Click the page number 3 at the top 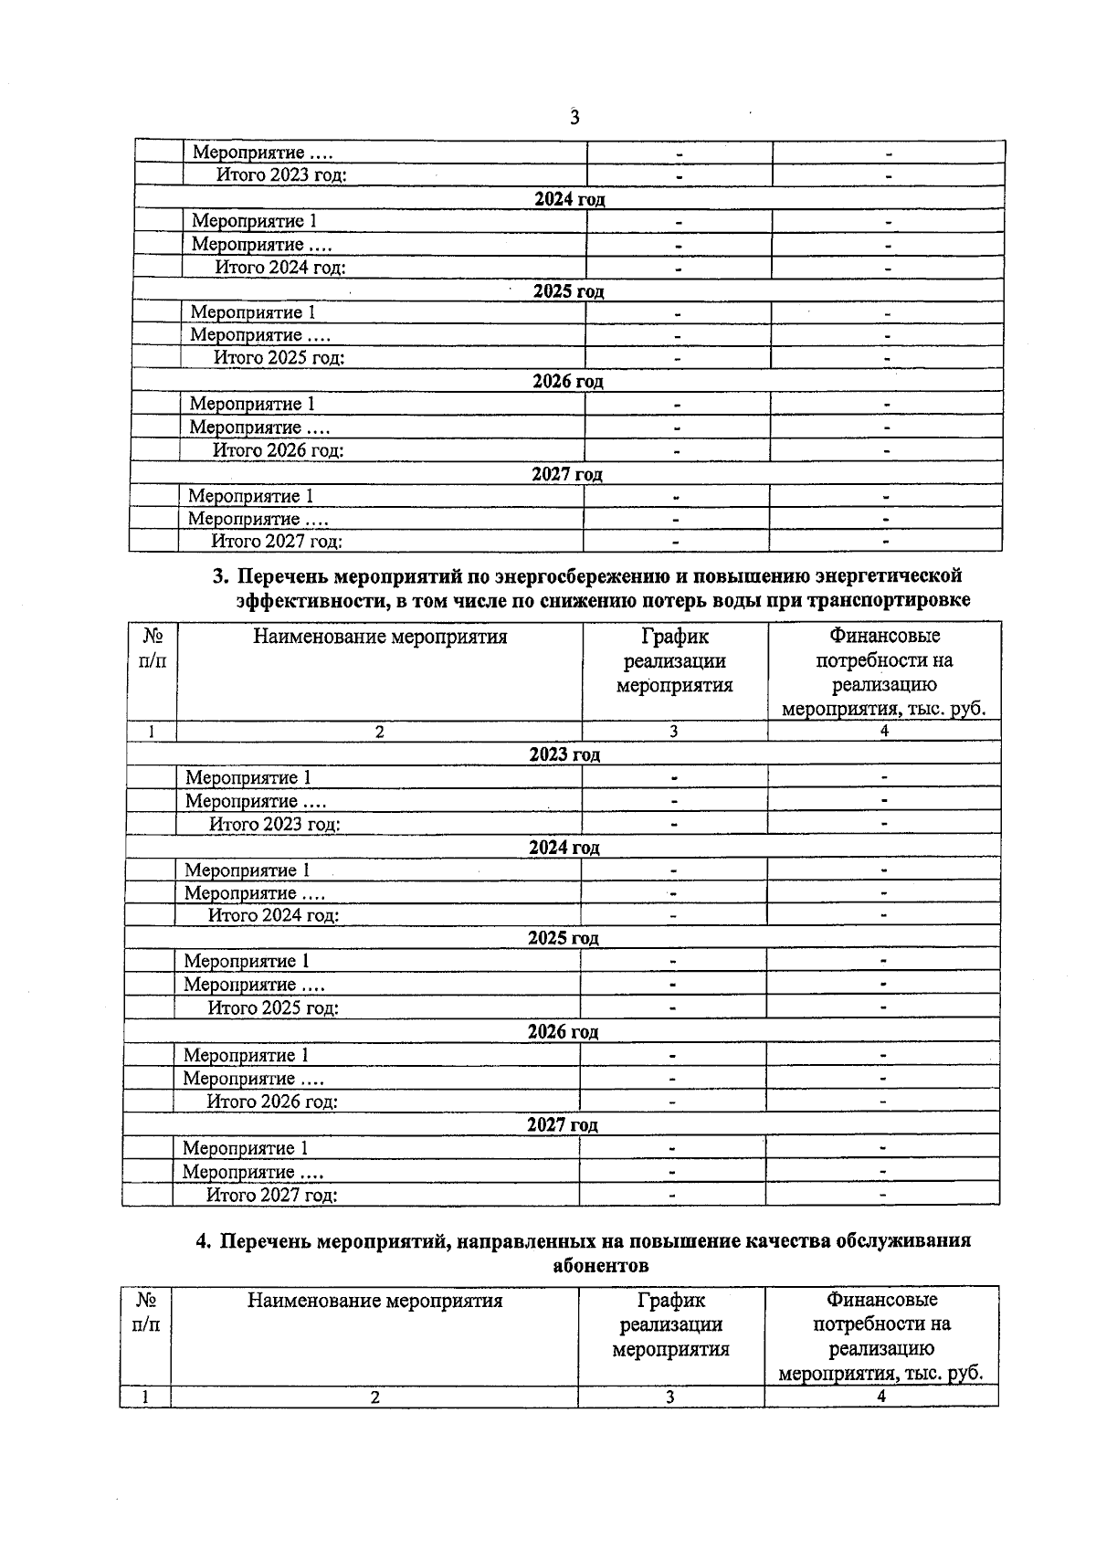pyautogui.click(x=574, y=117)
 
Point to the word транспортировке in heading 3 pyautogui.click(x=896, y=600)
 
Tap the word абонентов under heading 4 pyautogui.click(x=601, y=1265)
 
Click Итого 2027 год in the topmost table pyautogui.click(x=277, y=542)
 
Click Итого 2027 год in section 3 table pyautogui.click(x=271, y=1195)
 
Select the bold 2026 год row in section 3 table pyautogui.click(x=563, y=1032)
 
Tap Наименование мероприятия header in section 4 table pyautogui.click(x=374, y=1300)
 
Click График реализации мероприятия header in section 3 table pyautogui.click(x=674, y=660)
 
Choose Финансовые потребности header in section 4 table pyautogui.click(x=881, y=1335)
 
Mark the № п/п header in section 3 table pyautogui.click(x=153, y=648)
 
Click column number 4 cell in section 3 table pyautogui.click(x=884, y=731)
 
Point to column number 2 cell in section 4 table pyautogui.click(x=374, y=1397)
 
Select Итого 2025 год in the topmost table pyautogui.click(x=279, y=358)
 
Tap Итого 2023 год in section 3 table pyautogui.click(x=275, y=824)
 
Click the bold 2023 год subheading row pyautogui.click(x=564, y=754)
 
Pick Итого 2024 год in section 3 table pyautogui.click(x=273, y=915)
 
